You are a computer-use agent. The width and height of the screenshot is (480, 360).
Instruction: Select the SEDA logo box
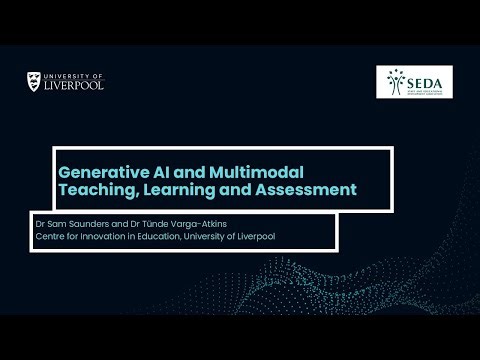pyautogui.click(x=414, y=82)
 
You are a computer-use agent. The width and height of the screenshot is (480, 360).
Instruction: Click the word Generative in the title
pyautogui.click(x=100, y=171)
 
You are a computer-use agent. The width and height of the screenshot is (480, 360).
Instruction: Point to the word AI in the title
pyautogui.click(x=156, y=171)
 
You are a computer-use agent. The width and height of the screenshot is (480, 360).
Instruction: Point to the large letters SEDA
pyautogui.click(x=426, y=78)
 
